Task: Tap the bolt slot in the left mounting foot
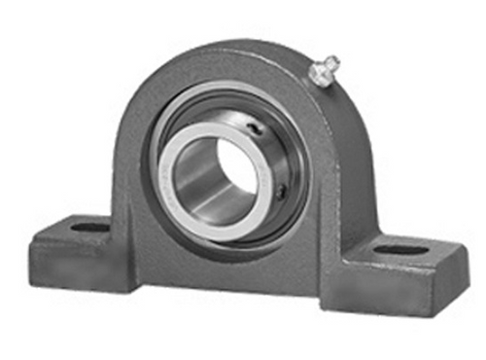(88, 228)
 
